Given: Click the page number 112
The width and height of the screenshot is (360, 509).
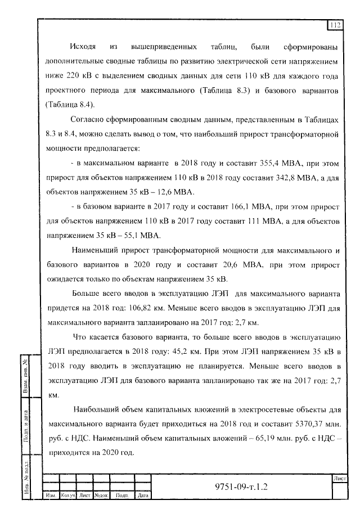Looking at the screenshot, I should click(x=336, y=25).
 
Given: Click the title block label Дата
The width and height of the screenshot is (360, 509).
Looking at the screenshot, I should click(x=142, y=496).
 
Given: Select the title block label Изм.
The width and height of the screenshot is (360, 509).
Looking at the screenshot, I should click(x=51, y=496).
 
